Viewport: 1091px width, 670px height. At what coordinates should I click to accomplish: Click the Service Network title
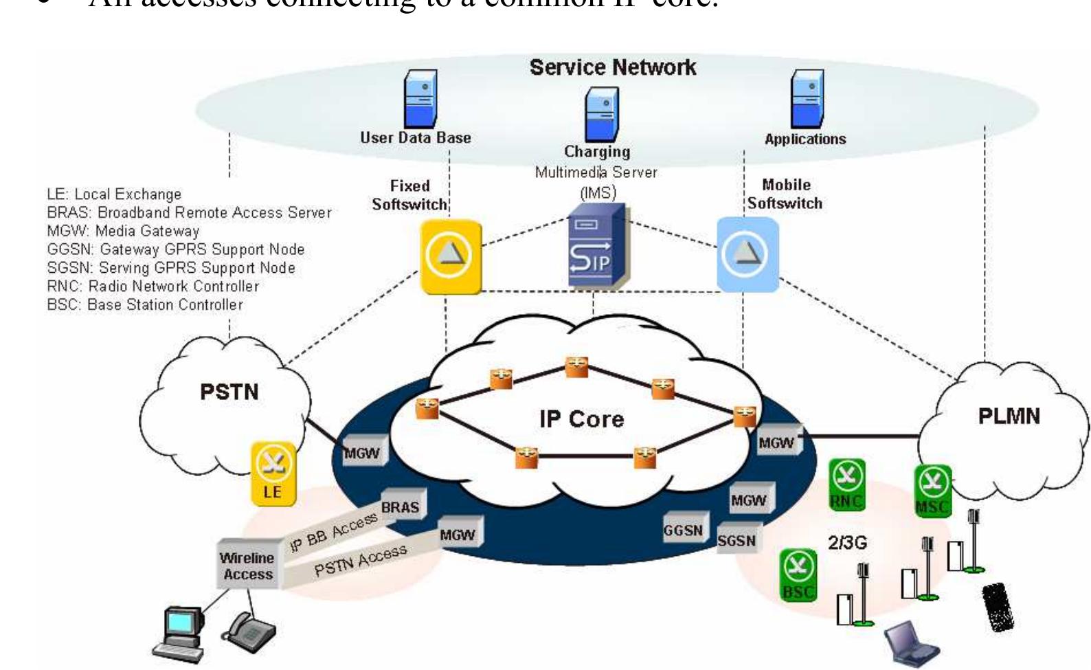(612, 67)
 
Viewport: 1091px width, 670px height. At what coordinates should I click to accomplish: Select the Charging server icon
(601, 115)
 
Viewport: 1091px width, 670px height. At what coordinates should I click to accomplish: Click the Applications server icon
(807, 100)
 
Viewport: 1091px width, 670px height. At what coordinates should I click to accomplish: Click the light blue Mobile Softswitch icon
(747, 255)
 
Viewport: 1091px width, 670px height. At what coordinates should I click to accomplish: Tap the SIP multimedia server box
(595, 246)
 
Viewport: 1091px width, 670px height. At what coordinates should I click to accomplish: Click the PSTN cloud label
(229, 392)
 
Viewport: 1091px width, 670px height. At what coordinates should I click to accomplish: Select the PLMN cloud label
(1009, 416)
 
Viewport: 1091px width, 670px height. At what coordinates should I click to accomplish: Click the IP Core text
(581, 418)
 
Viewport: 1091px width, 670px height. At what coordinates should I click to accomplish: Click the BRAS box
(402, 506)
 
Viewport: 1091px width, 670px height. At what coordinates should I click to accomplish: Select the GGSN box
(683, 530)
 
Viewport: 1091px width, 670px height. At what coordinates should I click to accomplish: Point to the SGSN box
(737, 540)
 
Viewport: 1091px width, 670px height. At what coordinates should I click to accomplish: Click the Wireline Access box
(248, 566)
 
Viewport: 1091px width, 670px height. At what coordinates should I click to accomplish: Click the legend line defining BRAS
(189, 212)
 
